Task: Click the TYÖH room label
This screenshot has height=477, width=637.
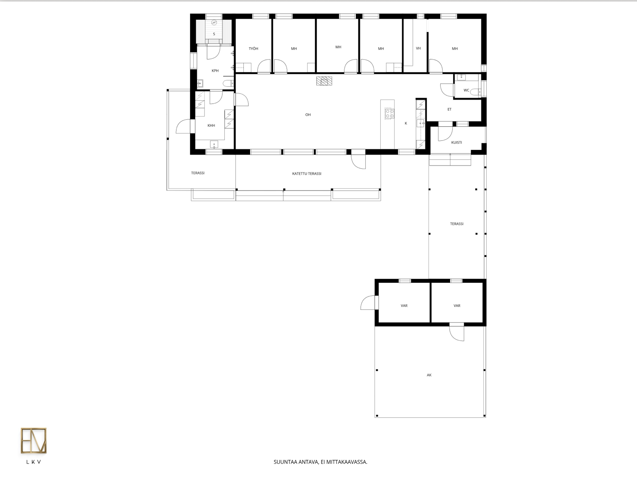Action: point(253,48)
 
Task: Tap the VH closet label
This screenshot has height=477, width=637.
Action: point(418,48)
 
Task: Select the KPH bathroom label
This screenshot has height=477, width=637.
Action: point(215,71)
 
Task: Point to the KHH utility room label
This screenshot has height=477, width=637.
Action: point(211,126)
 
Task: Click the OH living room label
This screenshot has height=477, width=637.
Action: point(308,115)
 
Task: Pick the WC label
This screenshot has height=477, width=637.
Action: point(466,90)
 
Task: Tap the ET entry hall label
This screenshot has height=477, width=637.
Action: point(449,110)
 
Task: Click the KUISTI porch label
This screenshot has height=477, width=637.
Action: point(457,143)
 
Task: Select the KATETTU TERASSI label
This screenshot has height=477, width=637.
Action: point(306,174)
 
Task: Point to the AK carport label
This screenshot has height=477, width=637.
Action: point(429,375)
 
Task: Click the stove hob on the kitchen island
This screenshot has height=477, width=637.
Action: point(389,113)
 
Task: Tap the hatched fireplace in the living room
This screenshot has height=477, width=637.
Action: point(324,81)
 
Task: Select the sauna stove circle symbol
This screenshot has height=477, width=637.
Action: point(214,23)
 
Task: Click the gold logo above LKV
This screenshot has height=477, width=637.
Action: point(34,440)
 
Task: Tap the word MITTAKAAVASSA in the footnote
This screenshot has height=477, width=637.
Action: point(347,462)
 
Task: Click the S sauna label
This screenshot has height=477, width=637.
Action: point(214,34)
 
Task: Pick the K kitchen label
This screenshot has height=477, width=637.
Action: point(406,123)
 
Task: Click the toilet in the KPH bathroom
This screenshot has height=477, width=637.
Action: point(228,83)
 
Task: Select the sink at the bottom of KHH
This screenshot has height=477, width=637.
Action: point(214,144)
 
